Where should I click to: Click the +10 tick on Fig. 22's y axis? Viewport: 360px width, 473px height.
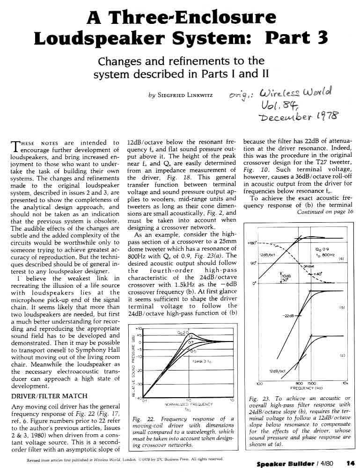point(138,329)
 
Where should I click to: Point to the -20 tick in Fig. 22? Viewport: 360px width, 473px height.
point(139,370)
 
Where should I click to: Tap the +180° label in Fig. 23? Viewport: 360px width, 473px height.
point(252,243)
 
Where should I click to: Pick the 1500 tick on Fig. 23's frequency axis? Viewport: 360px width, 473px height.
point(312,383)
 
